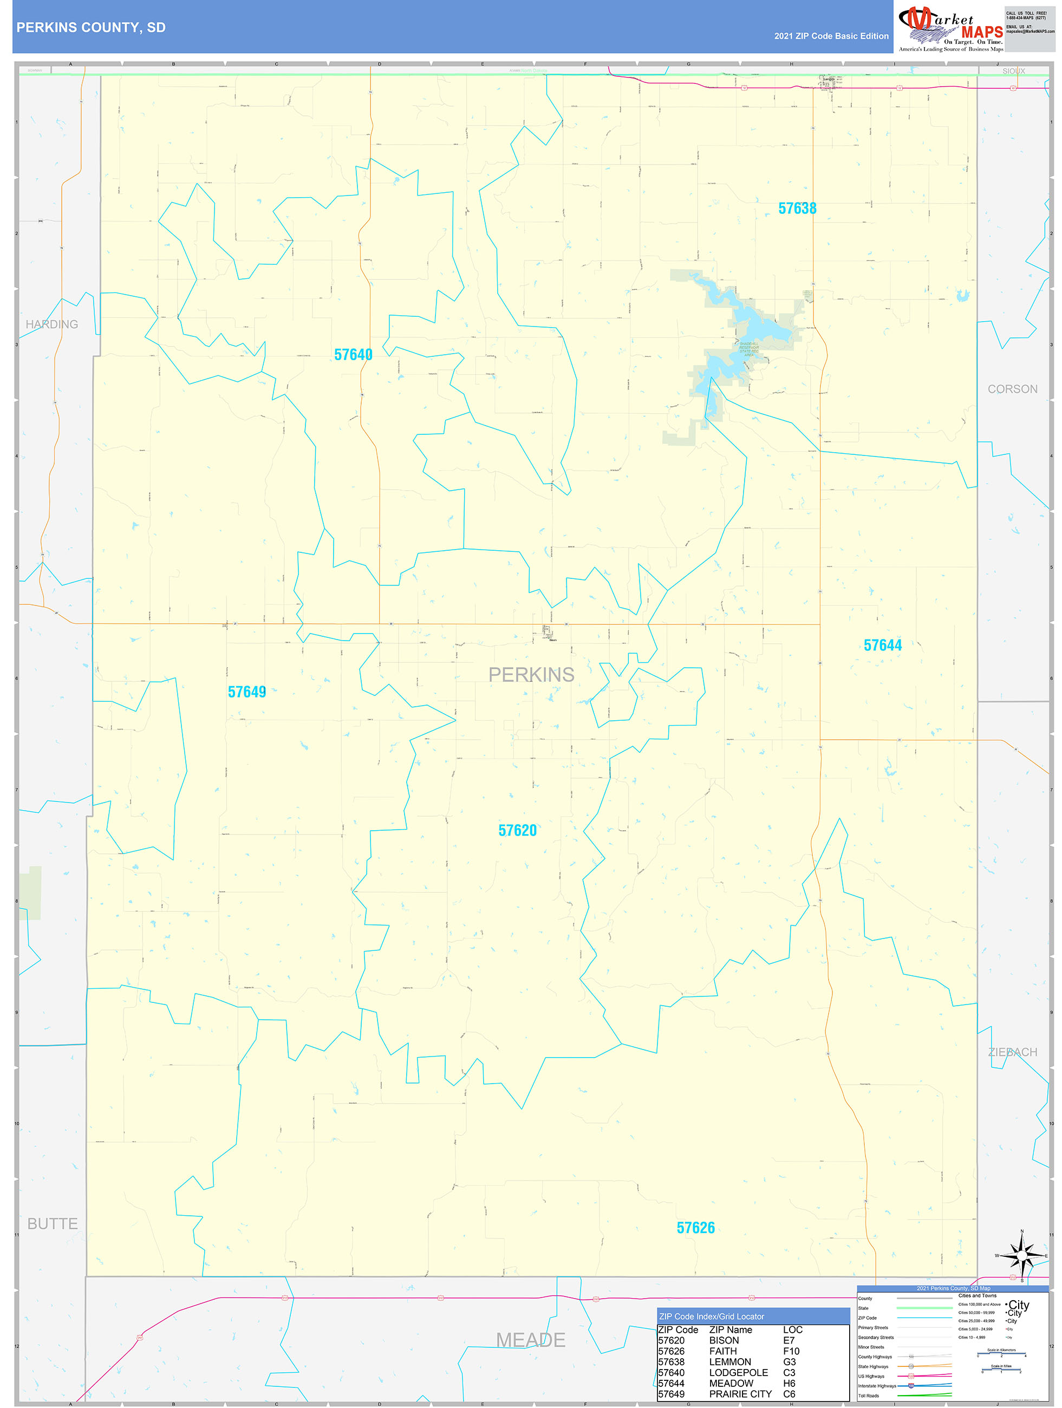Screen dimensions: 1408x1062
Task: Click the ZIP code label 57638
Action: point(797,208)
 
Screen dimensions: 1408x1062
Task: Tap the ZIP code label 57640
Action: point(353,355)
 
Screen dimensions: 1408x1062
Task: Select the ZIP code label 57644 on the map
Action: point(882,646)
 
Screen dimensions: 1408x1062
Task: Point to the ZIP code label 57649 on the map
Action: point(247,692)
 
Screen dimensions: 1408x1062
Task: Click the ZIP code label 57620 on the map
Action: point(518,831)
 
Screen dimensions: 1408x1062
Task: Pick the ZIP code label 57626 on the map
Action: point(696,1228)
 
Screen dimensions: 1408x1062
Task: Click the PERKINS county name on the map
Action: point(531,675)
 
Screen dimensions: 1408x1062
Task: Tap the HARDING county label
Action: point(51,324)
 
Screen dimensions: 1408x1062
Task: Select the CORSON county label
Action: point(1012,389)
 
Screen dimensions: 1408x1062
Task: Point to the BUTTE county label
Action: point(53,1223)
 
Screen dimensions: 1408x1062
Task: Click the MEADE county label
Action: point(530,1340)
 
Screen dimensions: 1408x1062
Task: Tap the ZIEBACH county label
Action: point(1012,1052)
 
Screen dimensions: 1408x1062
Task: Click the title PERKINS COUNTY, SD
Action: point(91,28)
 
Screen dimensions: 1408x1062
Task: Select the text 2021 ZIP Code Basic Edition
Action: point(831,36)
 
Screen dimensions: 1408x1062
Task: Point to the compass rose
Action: point(1022,1256)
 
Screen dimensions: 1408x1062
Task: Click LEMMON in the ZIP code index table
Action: point(729,1361)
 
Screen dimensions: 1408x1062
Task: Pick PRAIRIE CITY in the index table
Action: point(740,1394)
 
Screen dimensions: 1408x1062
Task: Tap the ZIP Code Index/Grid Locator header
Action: point(711,1316)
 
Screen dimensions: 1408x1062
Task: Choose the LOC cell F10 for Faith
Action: point(791,1351)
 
